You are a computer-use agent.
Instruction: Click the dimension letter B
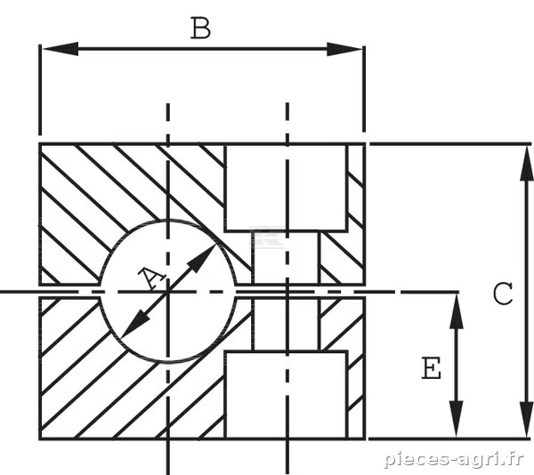[200, 28]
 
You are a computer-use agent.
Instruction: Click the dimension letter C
[503, 294]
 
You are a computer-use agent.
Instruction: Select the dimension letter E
[432, 368]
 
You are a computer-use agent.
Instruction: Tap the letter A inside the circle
[151, 278]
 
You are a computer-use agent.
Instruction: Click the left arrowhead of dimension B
[61, 49]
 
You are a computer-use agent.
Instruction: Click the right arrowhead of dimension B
[344, 49]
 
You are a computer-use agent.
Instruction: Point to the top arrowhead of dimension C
[527, 163]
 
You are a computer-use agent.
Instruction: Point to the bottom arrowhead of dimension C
[527, 420]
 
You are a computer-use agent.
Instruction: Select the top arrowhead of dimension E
[457, 311]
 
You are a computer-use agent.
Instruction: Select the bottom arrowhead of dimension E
[457, 420]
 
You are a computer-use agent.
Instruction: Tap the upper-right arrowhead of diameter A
[202, 258]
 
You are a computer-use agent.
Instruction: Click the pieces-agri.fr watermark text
[454, 459]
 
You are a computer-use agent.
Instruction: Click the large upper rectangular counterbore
[286, 188]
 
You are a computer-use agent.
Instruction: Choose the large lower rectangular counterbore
[286, 395]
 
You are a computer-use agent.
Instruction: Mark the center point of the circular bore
[167, 292]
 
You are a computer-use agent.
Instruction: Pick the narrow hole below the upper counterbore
[286, 258]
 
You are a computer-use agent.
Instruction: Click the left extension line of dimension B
[40, 90]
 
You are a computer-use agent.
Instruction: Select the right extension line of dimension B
[364, 89]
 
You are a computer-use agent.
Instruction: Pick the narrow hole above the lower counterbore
[286, 325]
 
